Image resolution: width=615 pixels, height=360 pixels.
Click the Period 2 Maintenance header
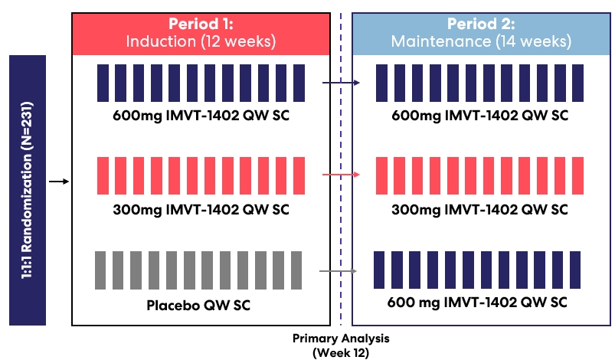481,32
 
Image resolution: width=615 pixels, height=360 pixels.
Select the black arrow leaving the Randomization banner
58,182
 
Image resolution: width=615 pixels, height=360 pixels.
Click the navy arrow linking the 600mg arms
341,81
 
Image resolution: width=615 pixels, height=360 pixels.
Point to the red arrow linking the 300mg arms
341,175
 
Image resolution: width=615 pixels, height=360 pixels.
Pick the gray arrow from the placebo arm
339,271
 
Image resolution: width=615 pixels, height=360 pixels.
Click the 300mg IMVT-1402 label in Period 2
480,209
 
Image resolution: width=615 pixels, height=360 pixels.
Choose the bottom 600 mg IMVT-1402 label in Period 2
480,302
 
